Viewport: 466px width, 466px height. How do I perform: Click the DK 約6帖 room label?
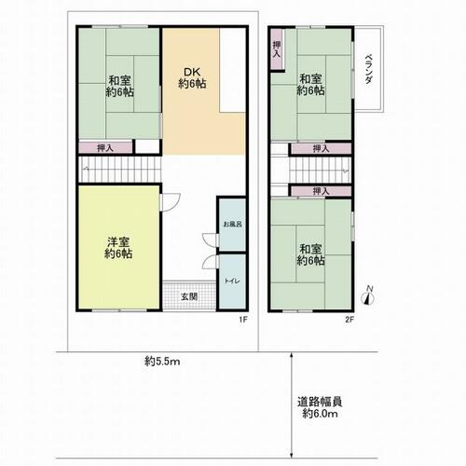tap(193, 78)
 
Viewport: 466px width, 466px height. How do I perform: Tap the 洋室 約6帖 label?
tap(118, 248)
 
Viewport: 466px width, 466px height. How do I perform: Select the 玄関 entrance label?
tap(189, 296)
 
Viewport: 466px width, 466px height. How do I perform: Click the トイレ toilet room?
tap(232, 281)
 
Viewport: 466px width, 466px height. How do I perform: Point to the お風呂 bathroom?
tap(232, 225)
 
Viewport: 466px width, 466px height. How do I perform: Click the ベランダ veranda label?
tap(368, 69)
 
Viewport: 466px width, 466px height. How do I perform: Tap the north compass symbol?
tap(368, 296)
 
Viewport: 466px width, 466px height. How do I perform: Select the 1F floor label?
tap(243, 319)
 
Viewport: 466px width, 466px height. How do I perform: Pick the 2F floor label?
tap(349, 319)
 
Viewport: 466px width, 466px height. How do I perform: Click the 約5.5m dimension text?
tap(162, 362)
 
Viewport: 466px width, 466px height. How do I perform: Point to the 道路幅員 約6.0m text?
tap(320, 407)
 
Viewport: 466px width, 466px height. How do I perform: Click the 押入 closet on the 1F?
tap(105, 148)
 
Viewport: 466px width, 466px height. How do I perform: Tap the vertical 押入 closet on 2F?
tap(277, 49)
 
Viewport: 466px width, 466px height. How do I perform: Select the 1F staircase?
tap(120, 169)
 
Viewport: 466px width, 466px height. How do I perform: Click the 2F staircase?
tap(320, 171)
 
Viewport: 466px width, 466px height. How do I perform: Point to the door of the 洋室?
tap(171, 202)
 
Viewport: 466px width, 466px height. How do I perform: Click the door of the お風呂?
tap(210, 240)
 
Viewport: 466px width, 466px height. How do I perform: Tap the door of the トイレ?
tap(210, 262)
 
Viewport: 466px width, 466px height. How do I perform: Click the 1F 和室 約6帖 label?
tap(119, 87)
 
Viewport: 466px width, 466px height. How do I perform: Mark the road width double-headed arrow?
tap(291, 404)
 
